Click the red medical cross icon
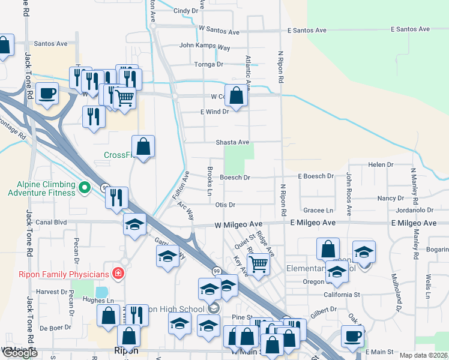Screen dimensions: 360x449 (118, 274)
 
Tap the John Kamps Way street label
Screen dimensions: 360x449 (205, 46)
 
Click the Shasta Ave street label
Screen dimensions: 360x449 (232, 142)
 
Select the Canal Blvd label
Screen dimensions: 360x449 (52, 222)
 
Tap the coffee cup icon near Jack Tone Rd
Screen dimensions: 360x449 (47, 94)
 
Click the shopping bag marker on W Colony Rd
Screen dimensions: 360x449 (237, 95)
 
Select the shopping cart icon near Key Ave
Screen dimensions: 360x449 (258, 262)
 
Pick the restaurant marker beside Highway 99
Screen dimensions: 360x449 (116, 197)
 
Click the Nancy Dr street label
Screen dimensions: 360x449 (391, 198)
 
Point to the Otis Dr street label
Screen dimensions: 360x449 (224, 205)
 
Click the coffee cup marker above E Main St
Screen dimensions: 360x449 (352, 335)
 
